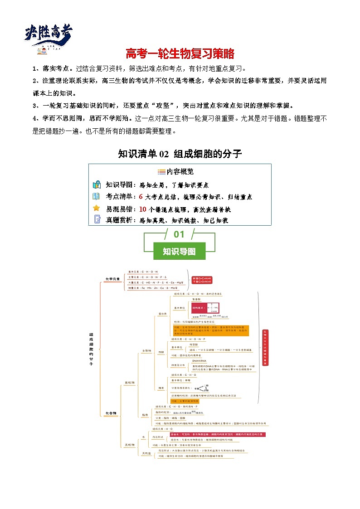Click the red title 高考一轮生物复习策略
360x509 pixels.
180,54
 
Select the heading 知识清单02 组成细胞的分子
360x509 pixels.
180,154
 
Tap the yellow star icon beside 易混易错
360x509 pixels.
96,208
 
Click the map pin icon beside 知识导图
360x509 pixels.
96,184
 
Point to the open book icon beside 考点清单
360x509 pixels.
96,196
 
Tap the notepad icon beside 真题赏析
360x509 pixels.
97,220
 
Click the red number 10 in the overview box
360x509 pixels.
142,209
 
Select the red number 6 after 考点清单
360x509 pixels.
141,197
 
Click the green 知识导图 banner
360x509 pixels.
180,251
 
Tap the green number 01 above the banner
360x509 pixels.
180,234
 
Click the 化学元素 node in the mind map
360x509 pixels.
113,279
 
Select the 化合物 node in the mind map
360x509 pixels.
111,413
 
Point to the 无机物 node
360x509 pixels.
129,445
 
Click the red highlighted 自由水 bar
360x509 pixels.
217,434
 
